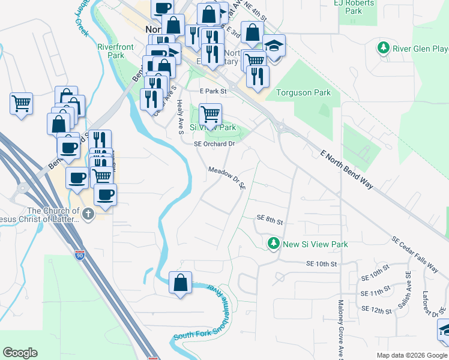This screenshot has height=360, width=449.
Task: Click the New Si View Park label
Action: pos(315,244)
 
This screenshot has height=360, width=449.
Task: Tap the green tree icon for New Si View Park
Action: pos(274,244)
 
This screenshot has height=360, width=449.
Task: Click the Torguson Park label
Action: pos(303,93)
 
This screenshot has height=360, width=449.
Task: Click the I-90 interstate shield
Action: pos(80,255)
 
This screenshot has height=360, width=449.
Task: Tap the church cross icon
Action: pos(88,214)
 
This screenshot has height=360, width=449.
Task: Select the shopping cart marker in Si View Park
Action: pos(210,113)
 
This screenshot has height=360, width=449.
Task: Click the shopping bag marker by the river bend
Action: pos(181,283)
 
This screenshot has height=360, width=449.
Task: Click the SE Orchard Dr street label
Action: pos(213,144)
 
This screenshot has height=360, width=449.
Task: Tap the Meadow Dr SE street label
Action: pos(227,178)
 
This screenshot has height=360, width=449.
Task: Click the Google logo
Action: pos(20,353)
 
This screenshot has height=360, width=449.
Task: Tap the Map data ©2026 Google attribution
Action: pos(411,355)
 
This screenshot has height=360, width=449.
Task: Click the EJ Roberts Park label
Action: pos(354,7)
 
